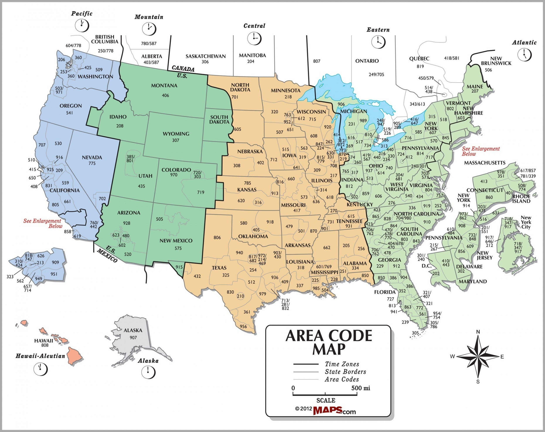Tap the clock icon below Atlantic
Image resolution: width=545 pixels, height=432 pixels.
pos(524,55)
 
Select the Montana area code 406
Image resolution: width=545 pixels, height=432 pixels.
pos(165,95)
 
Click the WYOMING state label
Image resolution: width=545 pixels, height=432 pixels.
pos(176,134)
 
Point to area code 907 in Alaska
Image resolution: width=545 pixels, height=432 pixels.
pos(133,338)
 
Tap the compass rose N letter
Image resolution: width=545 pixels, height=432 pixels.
pos(478,332)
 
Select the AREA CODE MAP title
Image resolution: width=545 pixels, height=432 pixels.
pos(329,343)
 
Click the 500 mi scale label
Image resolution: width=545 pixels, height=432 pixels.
pos(361,388)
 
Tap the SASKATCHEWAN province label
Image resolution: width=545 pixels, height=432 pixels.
pos(206,56)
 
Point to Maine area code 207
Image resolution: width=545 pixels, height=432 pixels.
pos(475,91)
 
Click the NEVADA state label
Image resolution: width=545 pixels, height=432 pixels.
pos(92,157)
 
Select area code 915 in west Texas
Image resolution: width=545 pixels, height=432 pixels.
pos(179,267)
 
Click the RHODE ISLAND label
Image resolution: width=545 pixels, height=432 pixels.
pos(521,199)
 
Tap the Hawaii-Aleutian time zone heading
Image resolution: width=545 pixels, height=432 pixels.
pos(40,356)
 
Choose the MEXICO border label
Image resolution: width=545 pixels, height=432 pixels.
pos(107,255)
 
